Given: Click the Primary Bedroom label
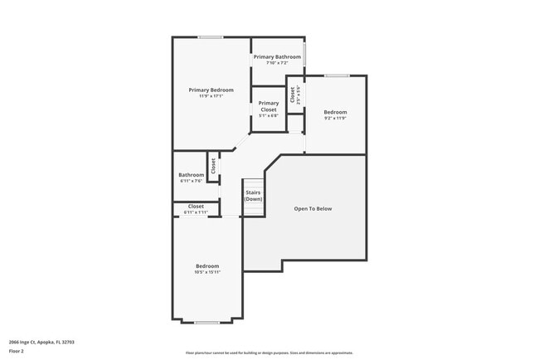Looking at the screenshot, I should pos(211,90).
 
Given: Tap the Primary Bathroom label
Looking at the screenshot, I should pos(277,56).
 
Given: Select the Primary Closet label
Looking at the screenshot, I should pos(269,106).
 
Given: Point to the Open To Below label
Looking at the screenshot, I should pos(313,208).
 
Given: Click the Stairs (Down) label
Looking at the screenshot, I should pos(253,196).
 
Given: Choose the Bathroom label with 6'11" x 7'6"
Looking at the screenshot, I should pos(191,174).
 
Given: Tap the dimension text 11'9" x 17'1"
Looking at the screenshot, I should pos(211,96).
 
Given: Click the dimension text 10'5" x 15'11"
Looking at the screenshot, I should pos(207,272).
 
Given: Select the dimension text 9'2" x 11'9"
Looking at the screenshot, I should pos(335,118).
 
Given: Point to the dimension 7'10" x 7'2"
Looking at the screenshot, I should pos(277,63).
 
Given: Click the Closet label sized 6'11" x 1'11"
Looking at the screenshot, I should pos(196,206).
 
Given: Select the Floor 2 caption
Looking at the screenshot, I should pos(17,351).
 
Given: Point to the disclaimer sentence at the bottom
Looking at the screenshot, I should pos(269,353).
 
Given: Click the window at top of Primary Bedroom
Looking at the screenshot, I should pos(210,36).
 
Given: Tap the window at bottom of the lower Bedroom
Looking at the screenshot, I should pos(206,321).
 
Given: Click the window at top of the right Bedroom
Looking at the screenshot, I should pos(336,75).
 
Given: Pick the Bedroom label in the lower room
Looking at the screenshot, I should pos(207,265).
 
